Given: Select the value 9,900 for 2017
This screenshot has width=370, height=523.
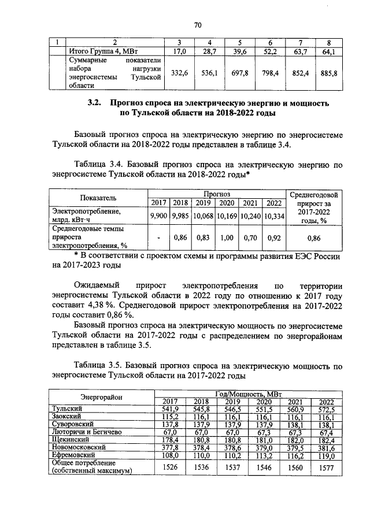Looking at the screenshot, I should coord(158,216).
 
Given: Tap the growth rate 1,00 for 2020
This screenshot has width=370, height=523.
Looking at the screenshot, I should coord(227,237).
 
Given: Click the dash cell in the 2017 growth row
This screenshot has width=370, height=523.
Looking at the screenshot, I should coord(158,237).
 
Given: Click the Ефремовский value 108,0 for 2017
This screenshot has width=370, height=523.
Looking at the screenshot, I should coord(169,455).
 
